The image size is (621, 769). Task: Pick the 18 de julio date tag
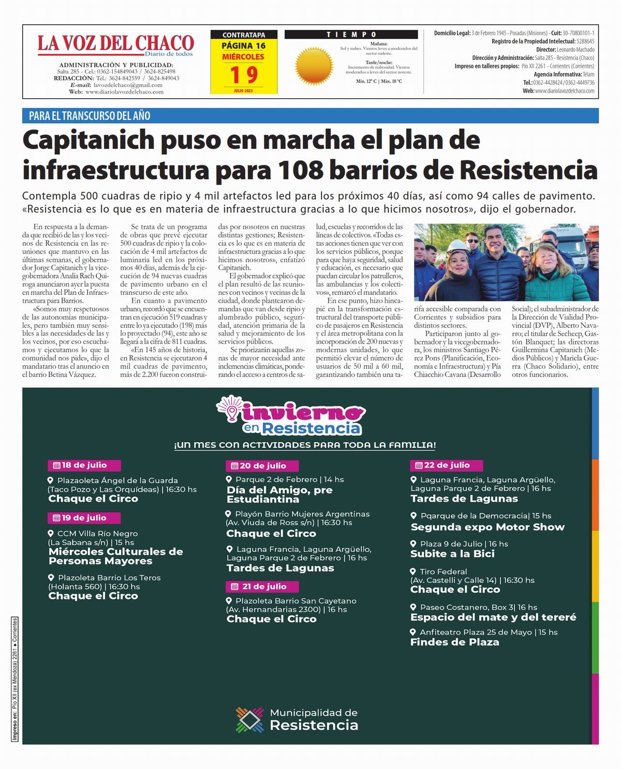click(84, 465)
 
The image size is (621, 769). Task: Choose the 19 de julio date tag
click(84, 518)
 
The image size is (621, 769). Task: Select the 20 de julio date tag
click(263, 465)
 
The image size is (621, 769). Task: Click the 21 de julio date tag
click(263, 586)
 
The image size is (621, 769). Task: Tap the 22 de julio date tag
click(446, 465)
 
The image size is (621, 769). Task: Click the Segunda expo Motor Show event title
click(487, 527)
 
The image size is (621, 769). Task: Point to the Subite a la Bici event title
click(452, 553)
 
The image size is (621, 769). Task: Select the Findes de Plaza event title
click(454, 642)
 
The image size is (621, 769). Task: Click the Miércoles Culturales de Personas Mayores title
click(115, 556)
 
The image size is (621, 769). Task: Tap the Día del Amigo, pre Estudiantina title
click(279, 494)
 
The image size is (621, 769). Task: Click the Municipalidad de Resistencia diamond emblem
click(250, 720)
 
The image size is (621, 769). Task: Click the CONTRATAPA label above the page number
click(244, 35)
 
